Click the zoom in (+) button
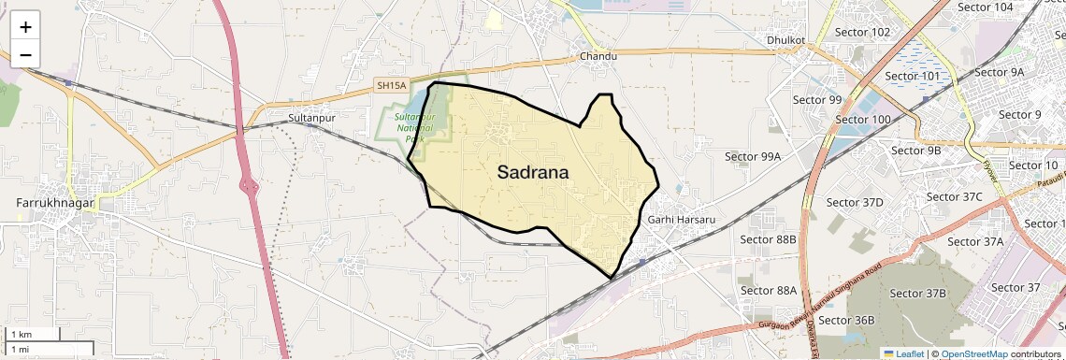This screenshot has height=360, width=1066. coord(25,27)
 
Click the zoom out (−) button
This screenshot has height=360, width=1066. coord(25,55)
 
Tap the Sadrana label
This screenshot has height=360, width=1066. coord(533,172)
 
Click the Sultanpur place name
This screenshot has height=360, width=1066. coord(311,119)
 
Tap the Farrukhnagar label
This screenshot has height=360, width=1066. coord(52,202)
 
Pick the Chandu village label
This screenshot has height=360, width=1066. coord(598,57)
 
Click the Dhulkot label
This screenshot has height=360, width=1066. coord(785,41)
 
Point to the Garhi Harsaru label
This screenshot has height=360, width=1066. coord(681,220)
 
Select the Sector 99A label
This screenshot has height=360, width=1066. coord(753,157)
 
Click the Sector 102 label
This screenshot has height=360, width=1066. coord(867,32)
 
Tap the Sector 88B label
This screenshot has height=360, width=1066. coord(768,239)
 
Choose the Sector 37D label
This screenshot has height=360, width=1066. coord(855,203)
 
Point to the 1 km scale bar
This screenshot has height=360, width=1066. coord(34,334)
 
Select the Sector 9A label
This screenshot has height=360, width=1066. coord(999,72)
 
